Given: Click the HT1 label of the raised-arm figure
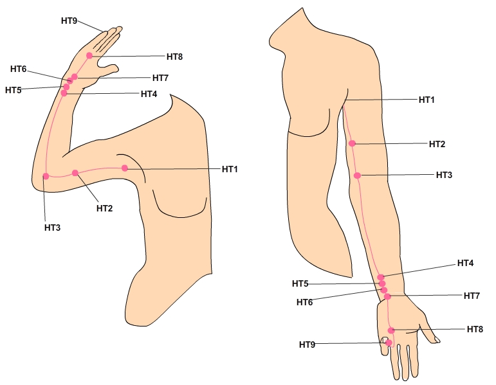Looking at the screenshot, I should tap(230, 169).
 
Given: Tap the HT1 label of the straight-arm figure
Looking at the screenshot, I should tap(427, 100).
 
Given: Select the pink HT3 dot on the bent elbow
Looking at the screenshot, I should tap(46, 175).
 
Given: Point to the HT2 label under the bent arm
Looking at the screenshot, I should tap(105, 208).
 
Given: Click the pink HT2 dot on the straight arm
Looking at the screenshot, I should tap(352, 143).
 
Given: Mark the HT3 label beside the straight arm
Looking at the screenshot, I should tap(444, 175).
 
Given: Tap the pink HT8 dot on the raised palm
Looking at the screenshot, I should tap(89, 56).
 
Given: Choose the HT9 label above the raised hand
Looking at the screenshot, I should tap(69, 21).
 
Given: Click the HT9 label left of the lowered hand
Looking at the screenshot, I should tap(307, 345).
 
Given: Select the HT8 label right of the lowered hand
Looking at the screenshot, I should tap(475, 328).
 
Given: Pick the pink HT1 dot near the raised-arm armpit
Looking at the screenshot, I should tap(125, 168).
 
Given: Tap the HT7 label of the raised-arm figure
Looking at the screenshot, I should tap(160, 78).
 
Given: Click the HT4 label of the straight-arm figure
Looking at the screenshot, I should tap(465, 263).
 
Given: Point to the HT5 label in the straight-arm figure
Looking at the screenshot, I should tap(300, 283).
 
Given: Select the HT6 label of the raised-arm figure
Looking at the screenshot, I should tap(18, 69).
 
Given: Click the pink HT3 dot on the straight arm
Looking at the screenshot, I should tap(357, 175).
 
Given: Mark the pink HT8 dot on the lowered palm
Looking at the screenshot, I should tap(391, 330).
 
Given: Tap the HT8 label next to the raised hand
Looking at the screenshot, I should tap(174, 57).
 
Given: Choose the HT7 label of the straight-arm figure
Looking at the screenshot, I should tap(472, 296).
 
